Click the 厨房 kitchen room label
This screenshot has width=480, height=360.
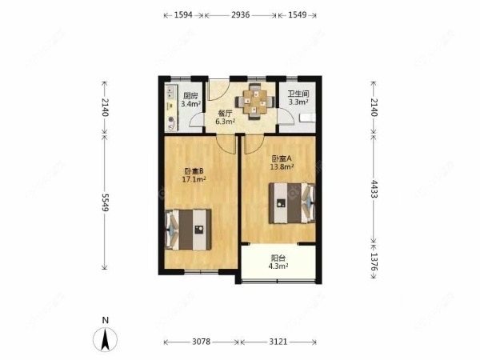(190, 95)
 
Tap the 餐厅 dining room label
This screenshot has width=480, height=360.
(226, 114)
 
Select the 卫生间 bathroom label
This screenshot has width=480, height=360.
(298, 94)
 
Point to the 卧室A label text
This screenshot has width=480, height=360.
(282, 158)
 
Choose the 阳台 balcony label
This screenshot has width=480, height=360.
(278, 258)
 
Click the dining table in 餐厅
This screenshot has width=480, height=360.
(255, 102)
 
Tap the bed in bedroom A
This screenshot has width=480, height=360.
(292, 203)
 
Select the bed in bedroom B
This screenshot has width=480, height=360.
(188, 230)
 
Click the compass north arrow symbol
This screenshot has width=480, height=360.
(106, 339)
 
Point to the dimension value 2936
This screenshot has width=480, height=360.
(240, 14)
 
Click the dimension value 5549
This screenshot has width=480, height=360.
(105, 202)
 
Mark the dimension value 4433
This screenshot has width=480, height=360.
(374, 189)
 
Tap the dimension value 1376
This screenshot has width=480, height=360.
(374, 262)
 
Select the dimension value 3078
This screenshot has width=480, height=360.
(201, 342)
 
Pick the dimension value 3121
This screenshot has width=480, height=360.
(278, 342)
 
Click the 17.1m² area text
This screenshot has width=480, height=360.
(194, 179)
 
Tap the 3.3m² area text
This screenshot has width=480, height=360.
(298, 102)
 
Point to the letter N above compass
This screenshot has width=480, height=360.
(106, 321)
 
